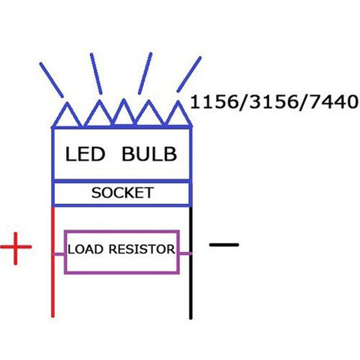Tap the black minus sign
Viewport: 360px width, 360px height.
click(223, 244)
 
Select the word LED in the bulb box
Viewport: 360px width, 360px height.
click(85, 154)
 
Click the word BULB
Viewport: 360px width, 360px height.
click(150, 154)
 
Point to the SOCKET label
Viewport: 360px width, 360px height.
click(122, 193)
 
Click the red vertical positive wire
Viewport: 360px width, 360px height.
click(52, 285)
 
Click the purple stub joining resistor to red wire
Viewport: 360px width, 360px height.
click(58, 253)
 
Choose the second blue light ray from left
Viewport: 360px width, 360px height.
click(96, 73)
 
